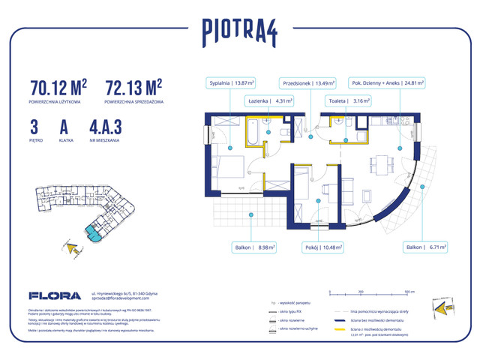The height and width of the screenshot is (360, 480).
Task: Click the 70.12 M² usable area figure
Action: point(58,86)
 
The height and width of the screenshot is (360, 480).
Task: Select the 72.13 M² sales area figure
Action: point(134,86)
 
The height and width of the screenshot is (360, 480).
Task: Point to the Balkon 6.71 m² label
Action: point(424,246)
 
